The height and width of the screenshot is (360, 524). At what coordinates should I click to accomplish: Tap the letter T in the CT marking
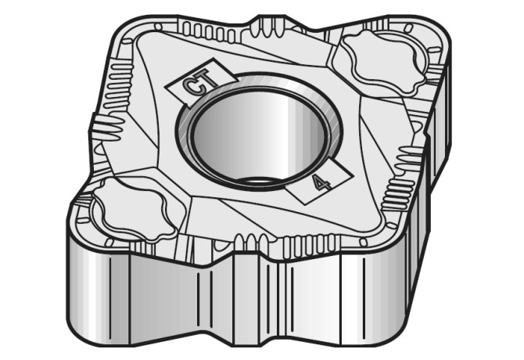[203, 77]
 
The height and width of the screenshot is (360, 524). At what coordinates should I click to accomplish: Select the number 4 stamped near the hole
[319, 182]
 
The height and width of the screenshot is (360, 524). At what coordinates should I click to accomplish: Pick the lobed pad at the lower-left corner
[130, 209]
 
